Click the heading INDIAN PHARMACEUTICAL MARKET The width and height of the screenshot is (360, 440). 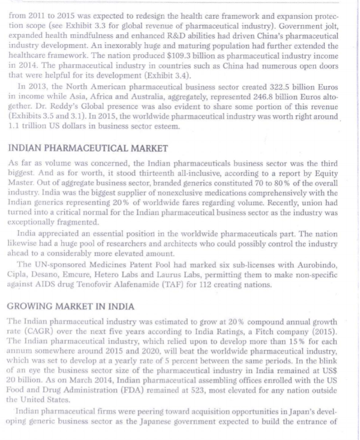pos(88,148)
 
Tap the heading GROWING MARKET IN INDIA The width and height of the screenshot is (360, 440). pos(71,307)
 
